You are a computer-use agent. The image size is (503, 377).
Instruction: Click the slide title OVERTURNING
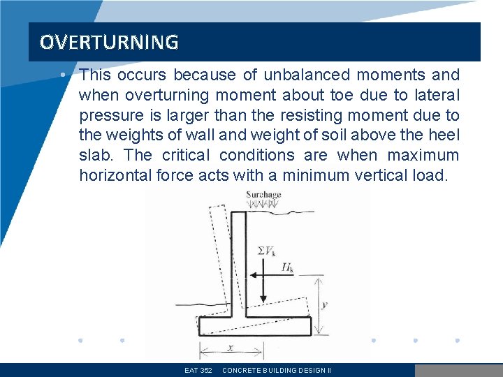coord(109,43)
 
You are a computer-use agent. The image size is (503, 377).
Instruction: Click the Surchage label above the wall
coord(263,195)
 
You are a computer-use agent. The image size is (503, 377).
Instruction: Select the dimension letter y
coord(324,304)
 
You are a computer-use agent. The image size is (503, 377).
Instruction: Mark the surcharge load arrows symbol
coord(263,205)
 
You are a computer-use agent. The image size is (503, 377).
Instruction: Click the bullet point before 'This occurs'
coord(64,75)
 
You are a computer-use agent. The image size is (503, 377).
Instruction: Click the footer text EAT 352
coord(198,370)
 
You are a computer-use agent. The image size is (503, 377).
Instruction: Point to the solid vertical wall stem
coord(238,265)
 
